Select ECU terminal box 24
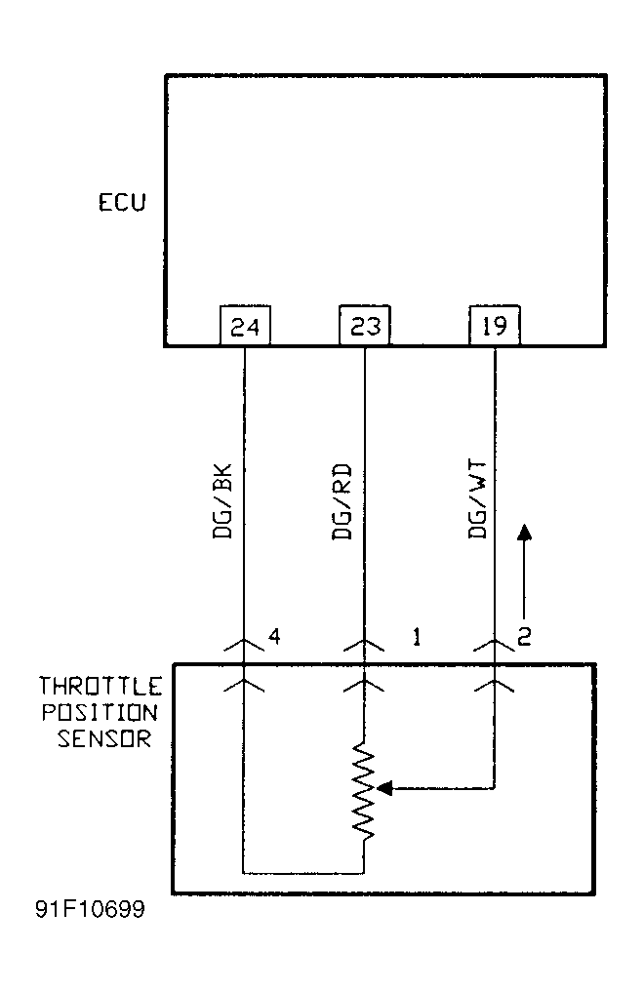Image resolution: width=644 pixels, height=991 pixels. click(244, 326)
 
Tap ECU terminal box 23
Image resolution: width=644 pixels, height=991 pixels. click(364, 326)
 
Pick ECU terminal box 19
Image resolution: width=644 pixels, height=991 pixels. click(495, 326)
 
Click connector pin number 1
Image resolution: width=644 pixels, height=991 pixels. click(416, 638)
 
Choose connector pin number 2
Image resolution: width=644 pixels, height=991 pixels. click(524, 638)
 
